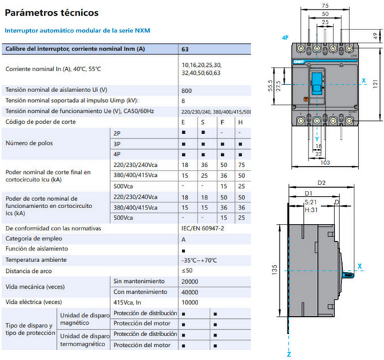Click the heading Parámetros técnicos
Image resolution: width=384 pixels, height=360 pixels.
(48, 13)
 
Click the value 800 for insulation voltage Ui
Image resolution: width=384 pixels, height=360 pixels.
(187, 90)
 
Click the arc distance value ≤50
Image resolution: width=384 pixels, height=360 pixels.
(187, 270)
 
